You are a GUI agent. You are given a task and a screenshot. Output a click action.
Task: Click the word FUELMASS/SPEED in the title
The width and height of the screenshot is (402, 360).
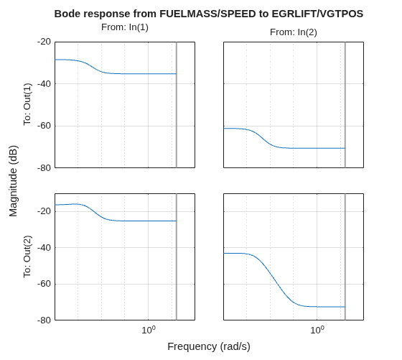point(207,14)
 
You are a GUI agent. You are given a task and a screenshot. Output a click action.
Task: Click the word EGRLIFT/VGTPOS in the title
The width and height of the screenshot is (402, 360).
point(317,14)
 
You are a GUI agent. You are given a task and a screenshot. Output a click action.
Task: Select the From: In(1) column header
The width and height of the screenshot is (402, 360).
point(125,27)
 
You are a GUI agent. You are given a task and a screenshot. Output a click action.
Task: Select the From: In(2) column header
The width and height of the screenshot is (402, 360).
point(294,32)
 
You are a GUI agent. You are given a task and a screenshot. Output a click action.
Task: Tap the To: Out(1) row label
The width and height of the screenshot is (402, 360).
point(27,104)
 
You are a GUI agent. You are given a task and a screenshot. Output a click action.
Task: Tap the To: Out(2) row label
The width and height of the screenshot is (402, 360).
point(27,257)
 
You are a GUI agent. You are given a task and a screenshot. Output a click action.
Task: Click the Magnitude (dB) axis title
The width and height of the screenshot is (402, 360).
point(13,181)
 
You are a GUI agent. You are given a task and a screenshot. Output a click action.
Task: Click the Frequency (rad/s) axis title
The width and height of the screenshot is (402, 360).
point(209,346)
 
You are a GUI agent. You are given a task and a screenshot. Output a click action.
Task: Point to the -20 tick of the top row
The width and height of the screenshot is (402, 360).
point(44,42)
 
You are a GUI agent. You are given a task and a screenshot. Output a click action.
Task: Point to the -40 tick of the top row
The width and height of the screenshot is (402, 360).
point(44,83)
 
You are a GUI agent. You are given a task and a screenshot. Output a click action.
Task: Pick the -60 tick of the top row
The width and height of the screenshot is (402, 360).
point(44,126)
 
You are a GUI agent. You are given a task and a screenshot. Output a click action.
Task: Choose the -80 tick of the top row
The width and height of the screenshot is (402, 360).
point(44,168)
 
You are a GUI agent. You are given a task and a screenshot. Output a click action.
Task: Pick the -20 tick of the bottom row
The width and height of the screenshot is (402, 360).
point(44,211)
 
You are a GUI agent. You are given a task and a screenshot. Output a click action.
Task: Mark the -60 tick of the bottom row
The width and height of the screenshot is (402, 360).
point(44,284)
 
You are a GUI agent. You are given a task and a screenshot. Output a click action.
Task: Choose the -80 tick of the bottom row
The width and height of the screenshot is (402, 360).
point(44,320)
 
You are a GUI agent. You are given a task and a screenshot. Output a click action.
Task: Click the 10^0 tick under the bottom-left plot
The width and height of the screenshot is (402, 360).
point(149,330)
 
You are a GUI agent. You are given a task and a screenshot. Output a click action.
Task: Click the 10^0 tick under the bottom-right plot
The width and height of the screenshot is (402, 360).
point(317,330)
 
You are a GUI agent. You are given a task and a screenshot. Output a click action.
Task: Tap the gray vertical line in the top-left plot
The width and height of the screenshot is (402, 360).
point(177,105)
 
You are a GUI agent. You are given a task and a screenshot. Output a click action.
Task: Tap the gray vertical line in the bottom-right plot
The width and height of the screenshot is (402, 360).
point(345,257)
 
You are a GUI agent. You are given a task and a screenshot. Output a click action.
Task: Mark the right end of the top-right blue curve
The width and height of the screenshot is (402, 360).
point(345,148)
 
